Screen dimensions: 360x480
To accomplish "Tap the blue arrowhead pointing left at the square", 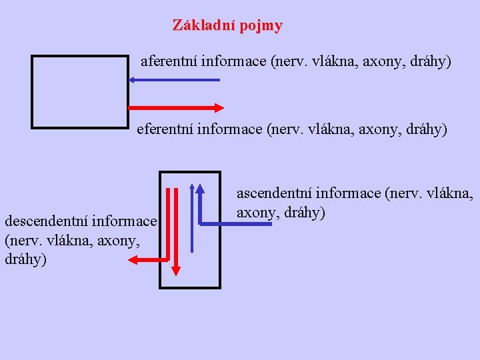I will (x=133, y=80).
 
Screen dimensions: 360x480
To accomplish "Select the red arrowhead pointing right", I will (x=218, y=107).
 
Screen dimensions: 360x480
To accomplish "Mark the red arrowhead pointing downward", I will (x=175, y=270).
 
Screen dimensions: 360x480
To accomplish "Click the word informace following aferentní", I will (x=234, y=62).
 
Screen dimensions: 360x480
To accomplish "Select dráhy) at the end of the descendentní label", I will (x=26, y=259).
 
